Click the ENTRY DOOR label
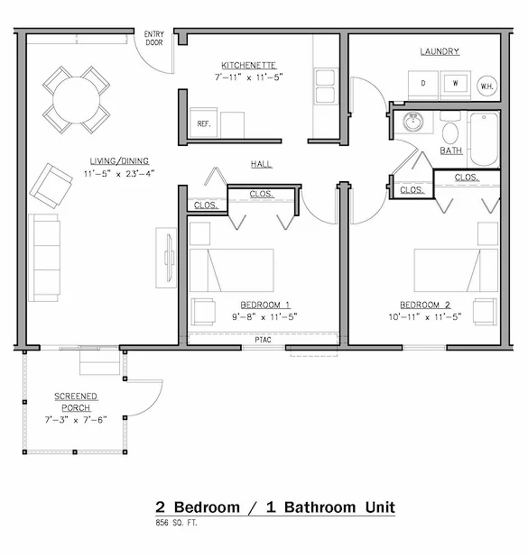click(x=154, y=38)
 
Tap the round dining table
click(x=77, y=100)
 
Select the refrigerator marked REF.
click(x=203, y=123)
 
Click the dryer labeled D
click(x=423, y=85)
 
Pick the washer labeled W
click(x=455, y=85)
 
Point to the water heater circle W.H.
click(x=486, y=86)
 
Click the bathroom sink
click(x=413, y=122)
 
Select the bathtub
click(x=484, y=139)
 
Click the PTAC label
click(x=263, y=340)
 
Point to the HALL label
click(x=262, y=164)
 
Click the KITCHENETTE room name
click(x=248, y=65)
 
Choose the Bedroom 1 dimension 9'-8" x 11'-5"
click(x=264, y=316)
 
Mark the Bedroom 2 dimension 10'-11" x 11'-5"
click(x=425, y=316)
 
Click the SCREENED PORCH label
click(x=76, y=402)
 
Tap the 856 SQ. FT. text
click(x=176, y=523)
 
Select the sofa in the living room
click(x=44, y=258)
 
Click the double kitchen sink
click(x=325, y=87)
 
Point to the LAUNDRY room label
click(x=440, y=51)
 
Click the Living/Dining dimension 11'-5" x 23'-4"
click(x=119, y=174)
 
